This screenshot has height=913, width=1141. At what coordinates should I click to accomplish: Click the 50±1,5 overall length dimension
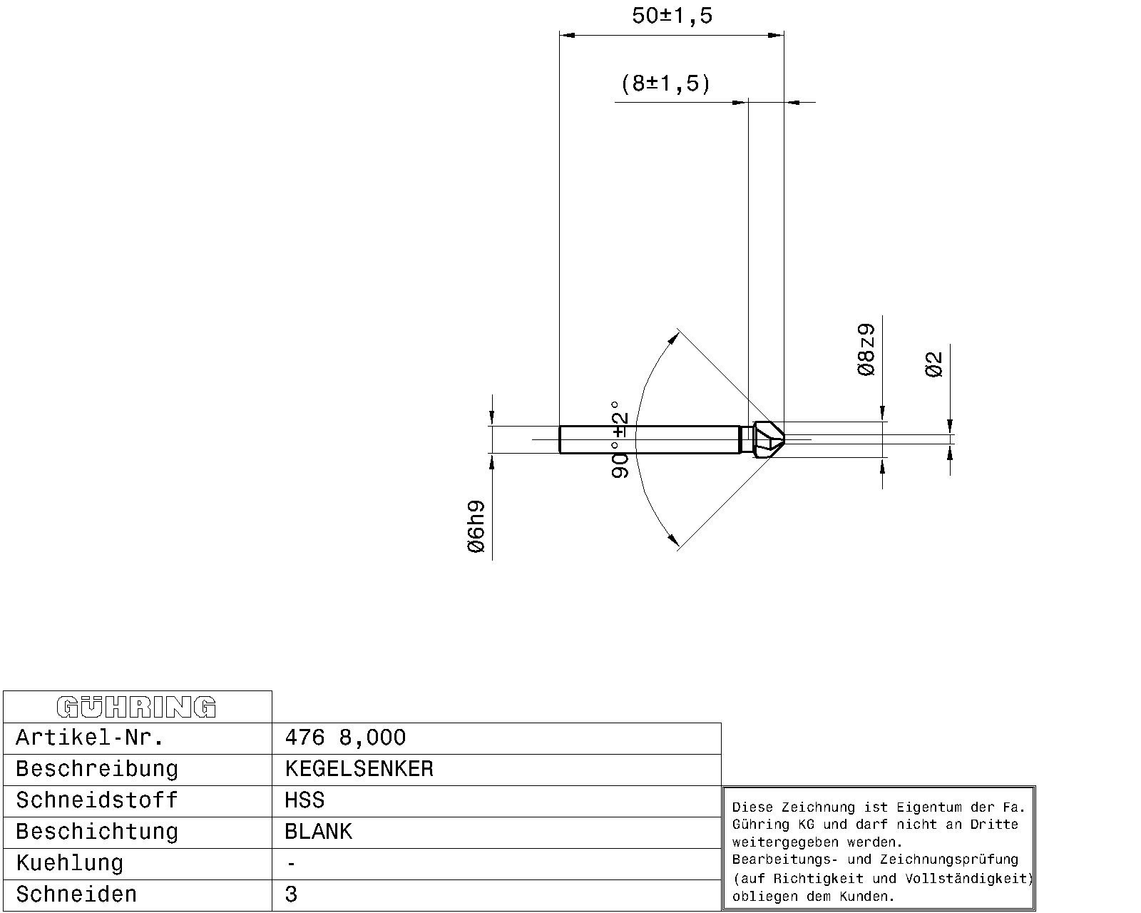672,16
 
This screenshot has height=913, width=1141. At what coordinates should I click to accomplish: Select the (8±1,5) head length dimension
665,83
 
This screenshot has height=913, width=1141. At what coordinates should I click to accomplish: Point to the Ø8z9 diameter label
866,350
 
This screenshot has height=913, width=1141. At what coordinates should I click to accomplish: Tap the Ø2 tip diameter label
933,364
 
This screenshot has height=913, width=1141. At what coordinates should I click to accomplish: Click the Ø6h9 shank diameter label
476,526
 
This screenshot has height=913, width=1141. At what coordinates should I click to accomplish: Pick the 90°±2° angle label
619,440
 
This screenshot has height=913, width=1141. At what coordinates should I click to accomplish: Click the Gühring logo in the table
136,707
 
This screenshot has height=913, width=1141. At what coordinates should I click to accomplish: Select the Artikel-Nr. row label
90,738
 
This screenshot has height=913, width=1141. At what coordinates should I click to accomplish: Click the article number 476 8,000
345,738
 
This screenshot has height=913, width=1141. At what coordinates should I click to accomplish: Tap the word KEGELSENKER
359,769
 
